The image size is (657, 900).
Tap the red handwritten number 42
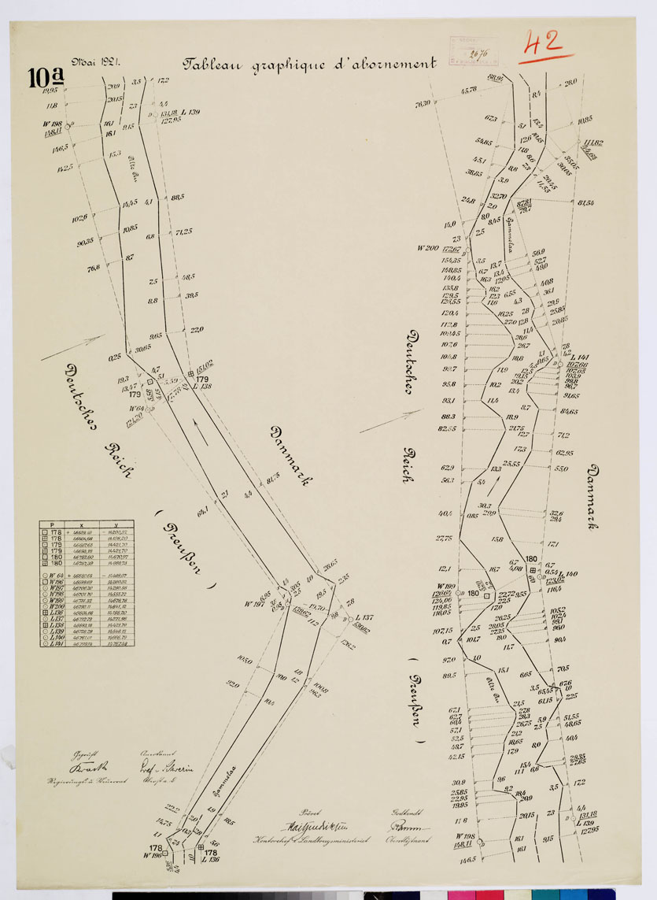point(545,44)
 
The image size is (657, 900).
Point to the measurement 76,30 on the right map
point(423,103)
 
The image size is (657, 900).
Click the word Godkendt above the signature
point(408,810)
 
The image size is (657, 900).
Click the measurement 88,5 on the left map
point(177,197)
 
